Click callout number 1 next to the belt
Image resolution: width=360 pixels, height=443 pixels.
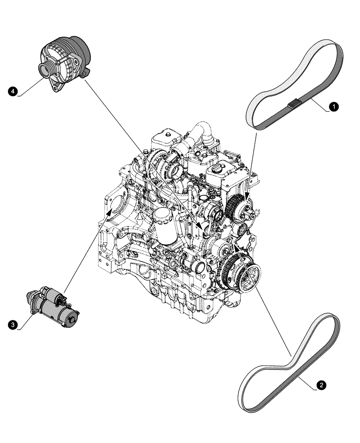click(333, 106)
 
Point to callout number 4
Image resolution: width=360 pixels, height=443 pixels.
click(13, 91)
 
